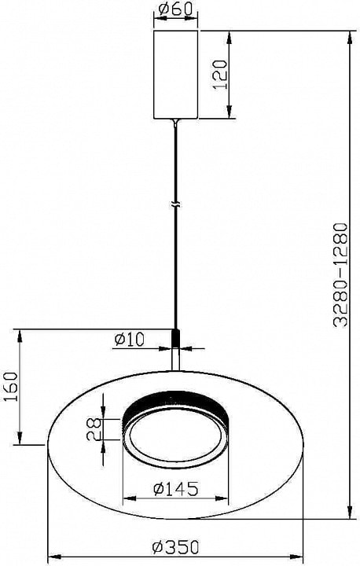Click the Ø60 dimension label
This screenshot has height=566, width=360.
click(x=175, y=9)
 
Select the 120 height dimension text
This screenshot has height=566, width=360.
click(x=219, y=75)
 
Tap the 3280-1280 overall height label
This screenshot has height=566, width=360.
click(x=340, y=274)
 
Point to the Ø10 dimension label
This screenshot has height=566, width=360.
click(x=129, y=340)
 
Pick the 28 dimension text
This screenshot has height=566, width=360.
click(x=94, y=429)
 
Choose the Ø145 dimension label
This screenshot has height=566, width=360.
click(x=176, y=489)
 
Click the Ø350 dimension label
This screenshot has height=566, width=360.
click(x=176, y=548)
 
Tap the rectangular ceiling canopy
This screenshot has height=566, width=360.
click(x=176, y=75)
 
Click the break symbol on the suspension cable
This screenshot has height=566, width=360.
click(x=176, y=204)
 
